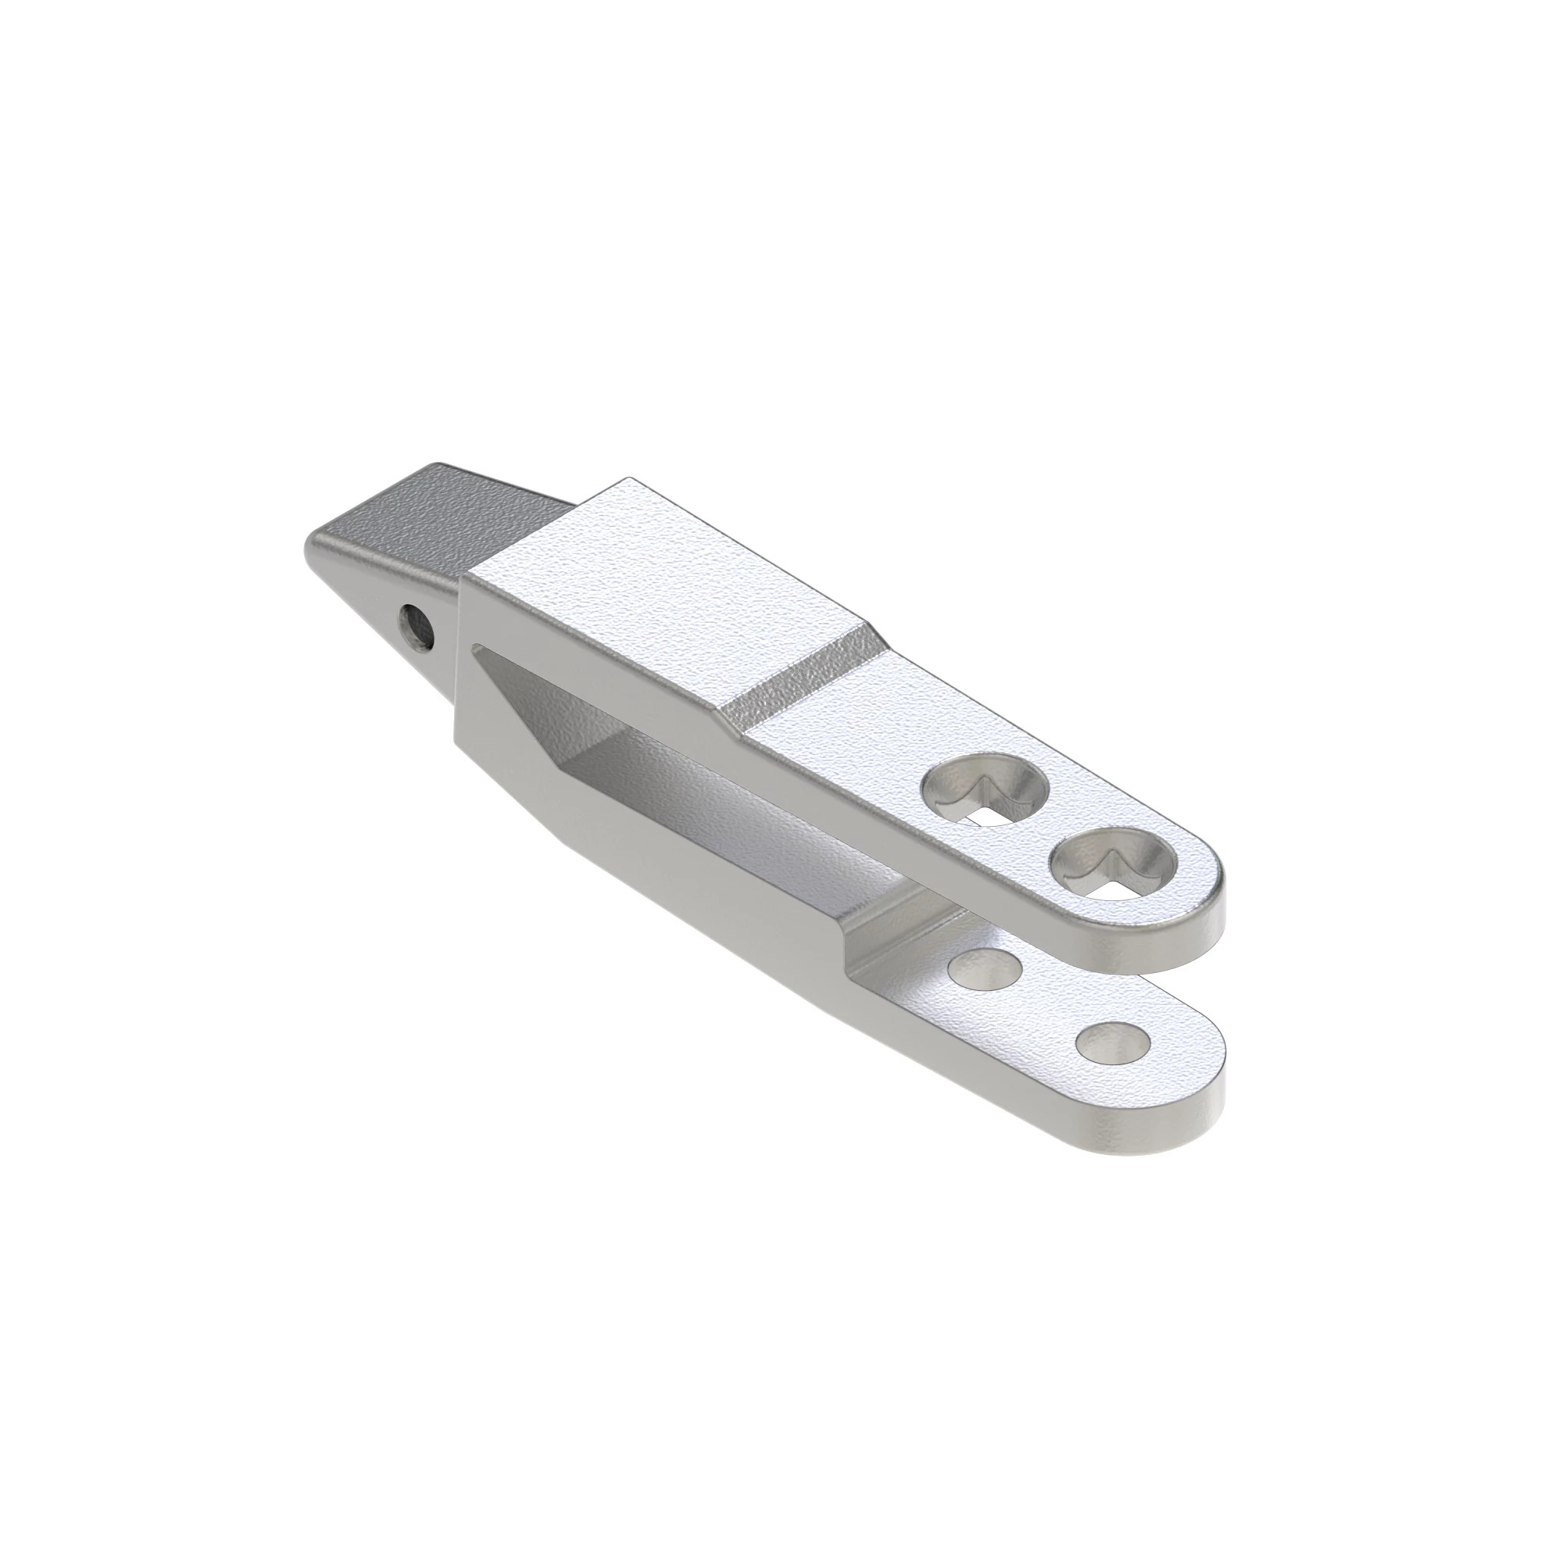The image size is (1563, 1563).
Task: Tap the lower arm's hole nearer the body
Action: click(984, 967)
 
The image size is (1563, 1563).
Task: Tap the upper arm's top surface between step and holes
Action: click(857, 728)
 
